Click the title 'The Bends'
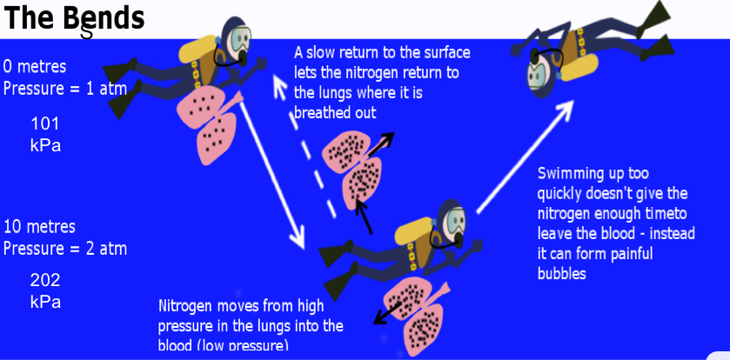point(73,18)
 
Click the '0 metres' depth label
point(35,66)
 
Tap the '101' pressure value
point(44,123)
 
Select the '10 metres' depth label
point(39,227)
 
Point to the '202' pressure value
point(44,280)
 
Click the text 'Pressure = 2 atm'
point(65,249)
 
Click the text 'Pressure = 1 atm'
point(65,88)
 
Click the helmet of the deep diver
point(452,221)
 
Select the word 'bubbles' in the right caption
point(562,273)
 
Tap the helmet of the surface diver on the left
point(237,36)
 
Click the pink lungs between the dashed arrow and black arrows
point(352,170)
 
